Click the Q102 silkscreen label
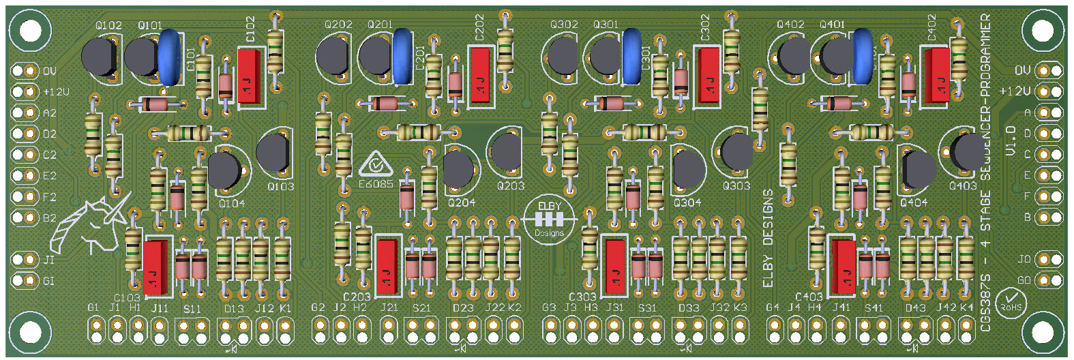[x=108, y=26]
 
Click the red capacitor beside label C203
[x=387, y=265]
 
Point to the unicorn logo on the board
[x=92, y=222]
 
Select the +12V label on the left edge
[x=56, y=91]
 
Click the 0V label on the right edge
[x=1022, y=70]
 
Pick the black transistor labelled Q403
[x=968, y=151]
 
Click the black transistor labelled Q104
[x=224, y=170]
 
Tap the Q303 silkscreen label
[x=736, y=185]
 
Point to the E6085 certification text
[x=376, y=183]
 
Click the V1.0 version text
[x=1011, y=140]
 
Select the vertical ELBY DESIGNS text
[x=768, y=238]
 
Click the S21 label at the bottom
[x=421, y=308]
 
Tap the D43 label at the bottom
[x=915, y=308]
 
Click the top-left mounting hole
[x=30, y=31]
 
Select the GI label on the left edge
[x=48, y=281]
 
